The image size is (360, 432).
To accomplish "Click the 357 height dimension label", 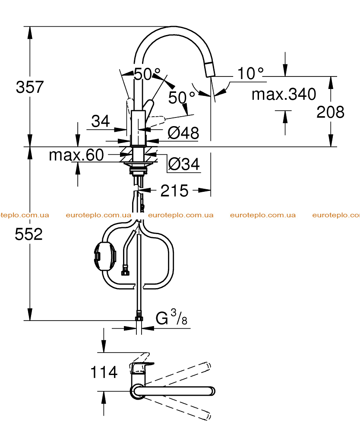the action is point(30,87).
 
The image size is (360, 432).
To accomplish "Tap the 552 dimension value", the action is point(28,235).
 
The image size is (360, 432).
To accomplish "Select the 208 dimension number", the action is point(330,112).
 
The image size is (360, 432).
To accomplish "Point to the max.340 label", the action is point(284,94).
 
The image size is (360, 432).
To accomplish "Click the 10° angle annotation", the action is point(250,73).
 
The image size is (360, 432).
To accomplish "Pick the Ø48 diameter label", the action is point(183,133).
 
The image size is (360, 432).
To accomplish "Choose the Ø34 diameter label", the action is point(184,164).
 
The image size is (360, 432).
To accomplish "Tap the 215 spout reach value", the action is point(174,191).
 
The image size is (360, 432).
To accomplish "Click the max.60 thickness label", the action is point(76,155).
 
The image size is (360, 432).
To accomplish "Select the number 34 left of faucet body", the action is point(101,121).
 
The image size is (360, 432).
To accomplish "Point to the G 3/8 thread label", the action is point(171,317).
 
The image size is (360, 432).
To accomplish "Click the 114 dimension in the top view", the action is point(104,372).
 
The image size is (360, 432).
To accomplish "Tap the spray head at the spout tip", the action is point(210,69).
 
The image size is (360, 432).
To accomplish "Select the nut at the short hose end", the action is point(125,270).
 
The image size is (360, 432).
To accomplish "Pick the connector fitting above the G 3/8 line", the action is point(139,316).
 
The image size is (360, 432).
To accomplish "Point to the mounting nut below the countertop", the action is point(138,168).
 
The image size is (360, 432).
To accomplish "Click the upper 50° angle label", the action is point(147,74).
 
